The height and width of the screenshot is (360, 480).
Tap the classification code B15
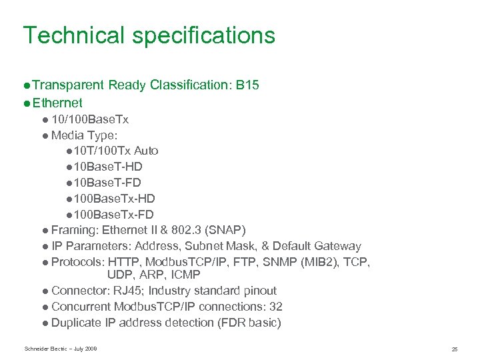(x=247, y=85)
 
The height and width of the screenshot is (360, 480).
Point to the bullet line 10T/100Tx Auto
(x=115, y=151)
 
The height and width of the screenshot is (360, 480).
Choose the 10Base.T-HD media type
(x=107, y=167)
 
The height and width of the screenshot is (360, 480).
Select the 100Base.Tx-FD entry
(x=113, y=215)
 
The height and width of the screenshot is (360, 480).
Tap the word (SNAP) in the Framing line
(x=225, y=231)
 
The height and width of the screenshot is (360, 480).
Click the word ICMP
(x=185, y=275)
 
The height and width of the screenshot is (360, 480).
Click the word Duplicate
(x=76, y=323)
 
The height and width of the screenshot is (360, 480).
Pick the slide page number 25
(x=454, y=349)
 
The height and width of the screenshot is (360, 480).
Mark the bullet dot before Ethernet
(x=26, y=103)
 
